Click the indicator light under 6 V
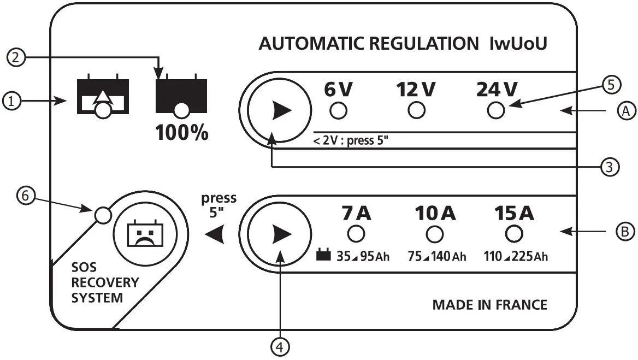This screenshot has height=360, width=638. pos(339,111)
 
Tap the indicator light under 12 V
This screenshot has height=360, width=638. pos(417,111)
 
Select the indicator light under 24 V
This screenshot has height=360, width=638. pos(496,111)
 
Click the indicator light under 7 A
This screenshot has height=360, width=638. pos(356,234)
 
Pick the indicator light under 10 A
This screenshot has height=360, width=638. pos(434,234)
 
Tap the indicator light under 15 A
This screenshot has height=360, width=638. pos(513,234)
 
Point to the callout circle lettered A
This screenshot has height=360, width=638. pos(627,111)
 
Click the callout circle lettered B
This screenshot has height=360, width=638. pos(625,232)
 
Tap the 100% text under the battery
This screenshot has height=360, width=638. pos(182,133)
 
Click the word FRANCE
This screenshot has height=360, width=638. pos(521,304)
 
